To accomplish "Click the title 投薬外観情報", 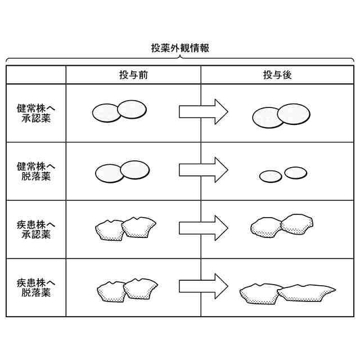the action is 180,48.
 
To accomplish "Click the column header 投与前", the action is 133,75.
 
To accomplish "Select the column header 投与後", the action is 277,75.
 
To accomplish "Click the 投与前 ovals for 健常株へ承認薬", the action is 119,111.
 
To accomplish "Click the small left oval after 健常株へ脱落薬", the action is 271,176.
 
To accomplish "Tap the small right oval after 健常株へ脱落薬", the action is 295,172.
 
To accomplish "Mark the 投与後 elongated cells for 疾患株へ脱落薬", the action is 287,292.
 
